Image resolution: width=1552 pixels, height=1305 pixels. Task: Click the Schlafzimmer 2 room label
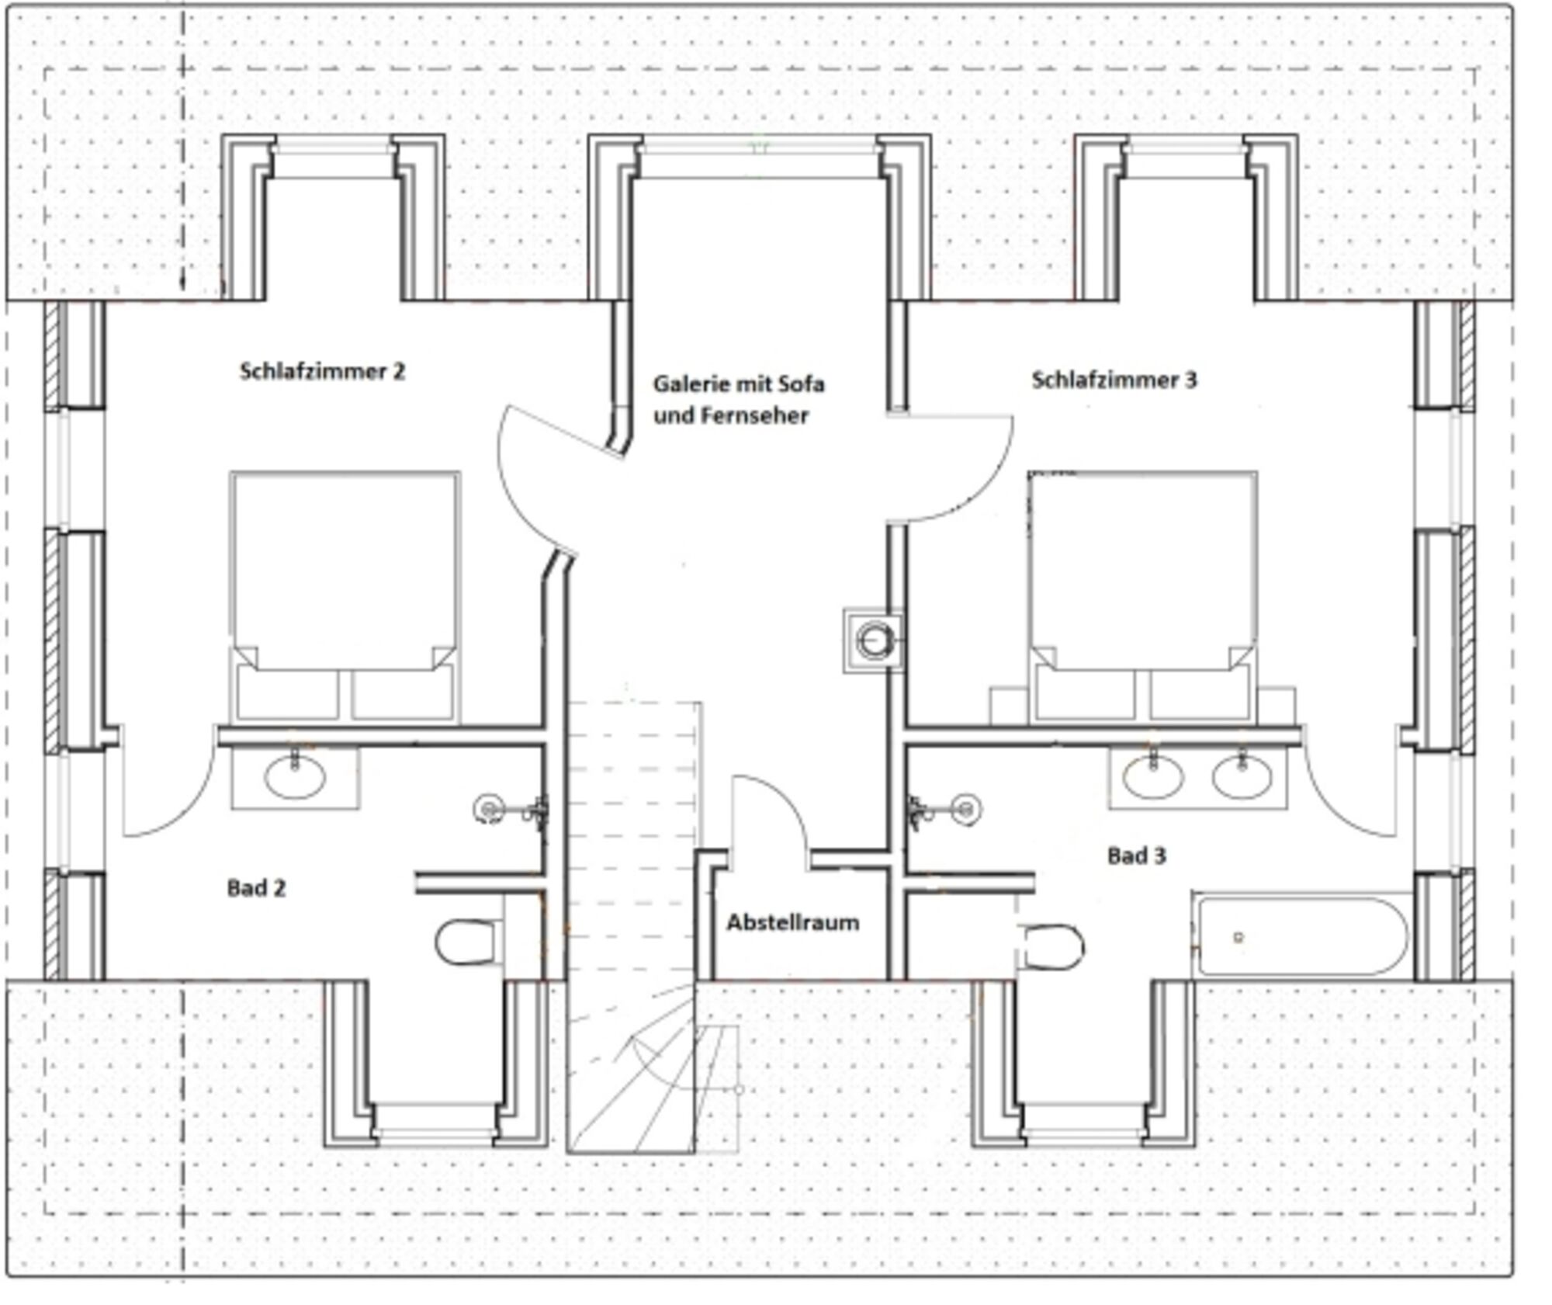tap(322, 371)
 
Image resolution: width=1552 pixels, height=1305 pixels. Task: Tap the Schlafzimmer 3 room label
tap(1114, 380)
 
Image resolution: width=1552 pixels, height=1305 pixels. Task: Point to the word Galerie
tap(683, 384)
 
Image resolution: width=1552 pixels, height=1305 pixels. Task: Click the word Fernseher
tap(754, 415)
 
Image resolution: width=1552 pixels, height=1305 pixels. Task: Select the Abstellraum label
tap(792, 922)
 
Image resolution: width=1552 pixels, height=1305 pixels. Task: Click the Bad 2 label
tap(256, 888)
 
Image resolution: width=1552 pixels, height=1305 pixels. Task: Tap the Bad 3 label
tap(1136, 856)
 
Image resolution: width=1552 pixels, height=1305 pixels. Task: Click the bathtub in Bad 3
tap(1301, 936)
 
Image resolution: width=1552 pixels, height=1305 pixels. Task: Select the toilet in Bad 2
tap(467, 942)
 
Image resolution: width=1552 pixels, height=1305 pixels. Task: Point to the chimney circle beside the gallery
tap(875, 640)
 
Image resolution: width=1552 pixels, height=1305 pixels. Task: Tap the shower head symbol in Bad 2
tap(487, 809)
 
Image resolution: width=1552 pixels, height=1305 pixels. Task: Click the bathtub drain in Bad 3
tap(1238, 937)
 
